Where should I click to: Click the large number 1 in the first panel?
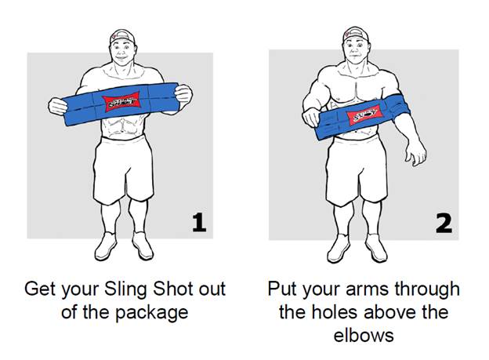199,222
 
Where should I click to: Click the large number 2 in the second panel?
444,223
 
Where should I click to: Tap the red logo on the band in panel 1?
121,101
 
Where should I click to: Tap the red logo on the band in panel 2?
364,115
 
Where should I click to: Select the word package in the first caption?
152,313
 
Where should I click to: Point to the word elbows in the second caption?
364,336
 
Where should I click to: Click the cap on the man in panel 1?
122,37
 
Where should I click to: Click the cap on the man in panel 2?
356,34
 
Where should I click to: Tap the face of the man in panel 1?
122,51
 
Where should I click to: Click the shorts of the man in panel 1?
124,169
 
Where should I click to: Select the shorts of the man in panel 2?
357,171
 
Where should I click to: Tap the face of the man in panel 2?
356,49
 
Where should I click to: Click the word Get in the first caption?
40,289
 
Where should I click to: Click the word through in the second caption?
427,290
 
